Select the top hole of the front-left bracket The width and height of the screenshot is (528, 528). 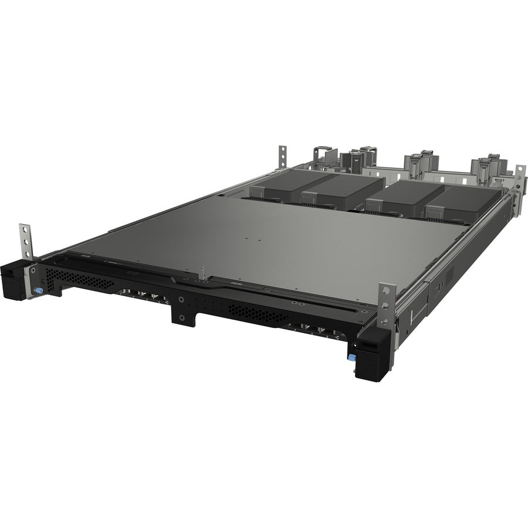[24, 229]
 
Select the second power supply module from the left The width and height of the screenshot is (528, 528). [340, 191]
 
